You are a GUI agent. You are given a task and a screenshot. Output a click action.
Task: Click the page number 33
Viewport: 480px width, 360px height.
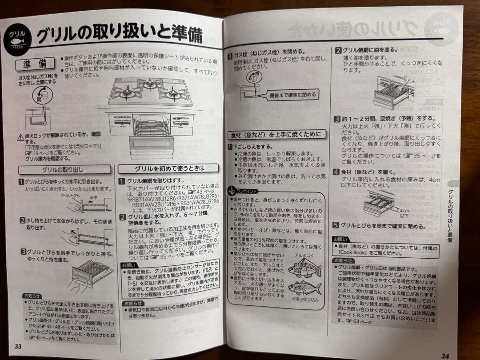coord(17,347)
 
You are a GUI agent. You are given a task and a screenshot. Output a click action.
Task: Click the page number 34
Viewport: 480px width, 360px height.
coord(445,355)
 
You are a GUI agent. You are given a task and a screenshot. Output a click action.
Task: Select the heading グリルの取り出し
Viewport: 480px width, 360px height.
coord(64,169)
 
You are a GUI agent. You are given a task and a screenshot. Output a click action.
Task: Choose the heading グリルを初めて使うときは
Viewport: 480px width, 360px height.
coord(169,168)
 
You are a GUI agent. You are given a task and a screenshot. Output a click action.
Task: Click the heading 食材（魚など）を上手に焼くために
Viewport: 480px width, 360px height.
coord(276,135)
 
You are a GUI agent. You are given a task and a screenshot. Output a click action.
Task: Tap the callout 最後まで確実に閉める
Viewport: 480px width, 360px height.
coord(293,95)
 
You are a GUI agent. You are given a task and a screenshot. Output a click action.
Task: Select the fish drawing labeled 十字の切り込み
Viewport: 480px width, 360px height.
coord(304,288)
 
